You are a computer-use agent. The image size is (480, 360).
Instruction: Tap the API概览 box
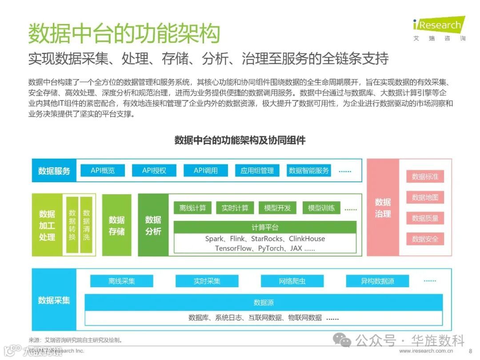point(103,171)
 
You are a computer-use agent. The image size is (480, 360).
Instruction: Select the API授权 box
point(154,171)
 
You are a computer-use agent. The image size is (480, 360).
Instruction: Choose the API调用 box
point(206,171)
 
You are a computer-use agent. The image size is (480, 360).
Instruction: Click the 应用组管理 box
point(257,171)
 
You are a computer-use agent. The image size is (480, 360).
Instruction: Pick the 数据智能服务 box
point(309,171)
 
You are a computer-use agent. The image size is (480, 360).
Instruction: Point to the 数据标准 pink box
point(425,177)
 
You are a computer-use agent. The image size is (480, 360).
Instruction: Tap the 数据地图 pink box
point(425,197)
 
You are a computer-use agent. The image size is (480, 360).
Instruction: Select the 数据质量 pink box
point(425,218)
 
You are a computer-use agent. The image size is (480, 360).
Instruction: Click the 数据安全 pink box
point(425,239)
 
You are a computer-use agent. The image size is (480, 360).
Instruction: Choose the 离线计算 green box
point(193,208)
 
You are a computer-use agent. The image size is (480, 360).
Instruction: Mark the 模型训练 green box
point(322,208)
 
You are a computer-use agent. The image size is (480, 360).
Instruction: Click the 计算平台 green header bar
point(265,228)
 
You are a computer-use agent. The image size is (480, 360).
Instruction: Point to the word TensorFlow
point(233,248)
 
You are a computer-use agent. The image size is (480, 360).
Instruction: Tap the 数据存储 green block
point(116,225)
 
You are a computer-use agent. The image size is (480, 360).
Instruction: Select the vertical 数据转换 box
point(72,225)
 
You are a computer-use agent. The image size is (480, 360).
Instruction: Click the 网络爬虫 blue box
point(292,281)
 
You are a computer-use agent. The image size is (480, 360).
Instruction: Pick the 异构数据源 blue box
point(377,281)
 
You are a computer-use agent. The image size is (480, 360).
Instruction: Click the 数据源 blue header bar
point(264,303)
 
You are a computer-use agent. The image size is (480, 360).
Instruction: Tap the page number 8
point(470,351)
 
